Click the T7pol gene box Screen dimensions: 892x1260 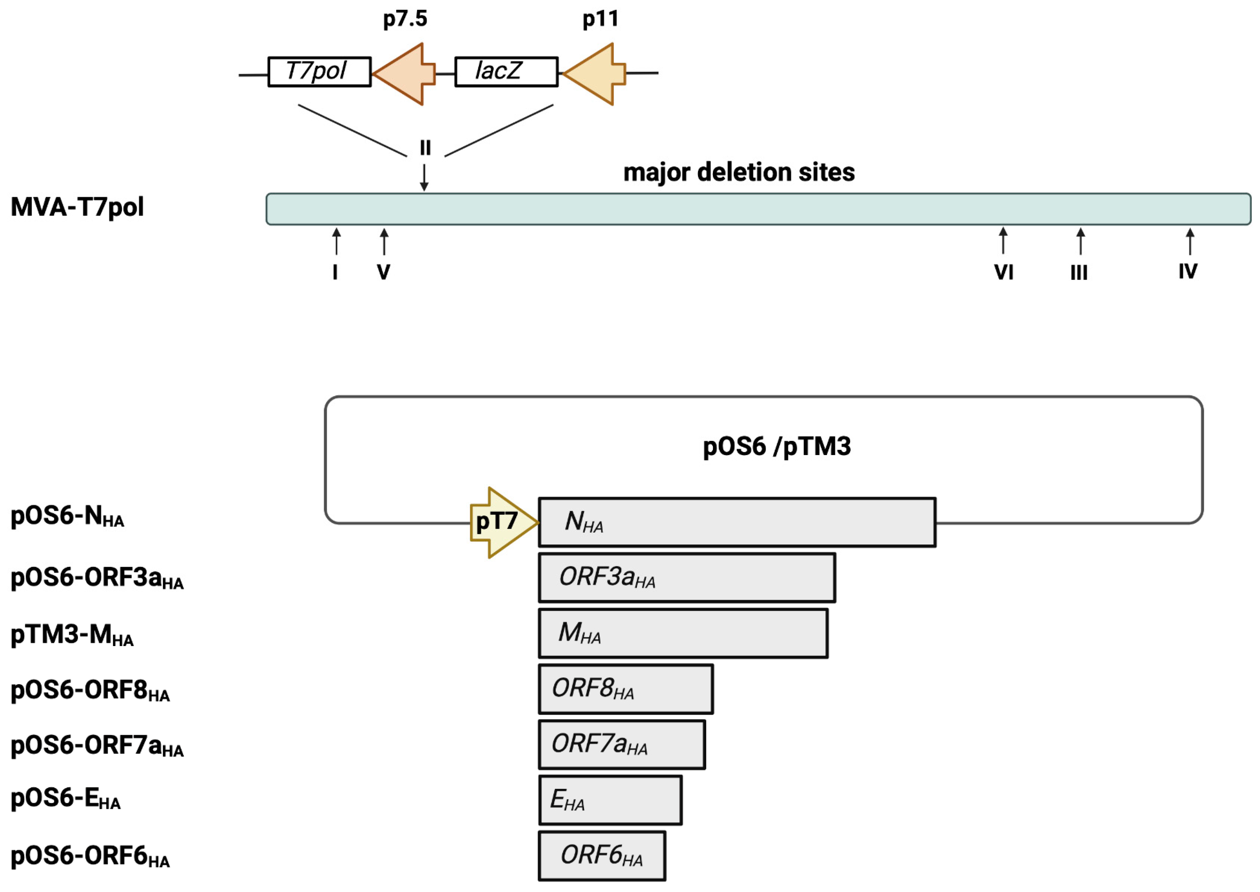pos(319,72)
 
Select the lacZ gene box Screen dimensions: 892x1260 pos(506,72)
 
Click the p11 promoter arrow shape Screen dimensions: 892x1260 pos(595,74)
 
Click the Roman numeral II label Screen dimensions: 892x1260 pos(425,148)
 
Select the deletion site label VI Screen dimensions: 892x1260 pos(1004,272)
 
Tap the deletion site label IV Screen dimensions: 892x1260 pos(1188,271)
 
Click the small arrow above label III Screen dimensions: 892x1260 pos(1081,241)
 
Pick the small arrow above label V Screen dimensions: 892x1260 pos(384,242)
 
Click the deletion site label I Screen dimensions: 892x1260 pos(335,272)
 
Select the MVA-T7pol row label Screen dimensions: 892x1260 pos(77,208)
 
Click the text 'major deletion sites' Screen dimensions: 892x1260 pos(739,173)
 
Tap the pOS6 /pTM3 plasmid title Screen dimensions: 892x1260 pos(776,446)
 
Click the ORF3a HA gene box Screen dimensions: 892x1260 pos(687,578)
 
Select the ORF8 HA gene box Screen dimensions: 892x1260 pos(625,689)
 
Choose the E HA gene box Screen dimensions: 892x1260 pos(610,800)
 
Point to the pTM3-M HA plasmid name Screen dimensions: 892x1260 pos(72,635)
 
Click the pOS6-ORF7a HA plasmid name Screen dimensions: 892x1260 pos(96,746)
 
